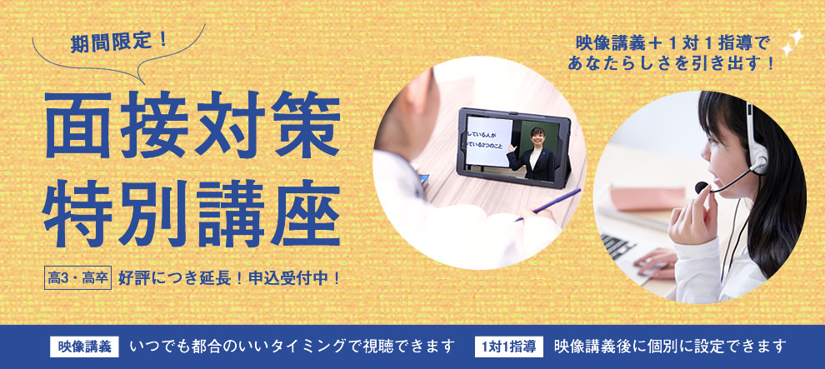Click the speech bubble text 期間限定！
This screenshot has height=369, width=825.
point(119,42)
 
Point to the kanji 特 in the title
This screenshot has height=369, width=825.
point(77,213)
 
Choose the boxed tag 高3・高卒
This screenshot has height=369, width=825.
point(77,278)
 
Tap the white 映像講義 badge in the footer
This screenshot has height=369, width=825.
point(84,347)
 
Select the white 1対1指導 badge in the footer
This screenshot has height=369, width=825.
point(509,347)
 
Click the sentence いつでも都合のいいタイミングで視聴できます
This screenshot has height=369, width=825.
point(292,347)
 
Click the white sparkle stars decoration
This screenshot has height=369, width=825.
point(792,42)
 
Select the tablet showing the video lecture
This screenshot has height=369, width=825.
point(513,147)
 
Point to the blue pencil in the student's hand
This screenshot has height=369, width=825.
point(547,204)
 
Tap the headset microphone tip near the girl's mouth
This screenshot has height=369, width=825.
point(701,187)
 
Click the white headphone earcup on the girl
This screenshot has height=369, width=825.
point(757,158)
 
